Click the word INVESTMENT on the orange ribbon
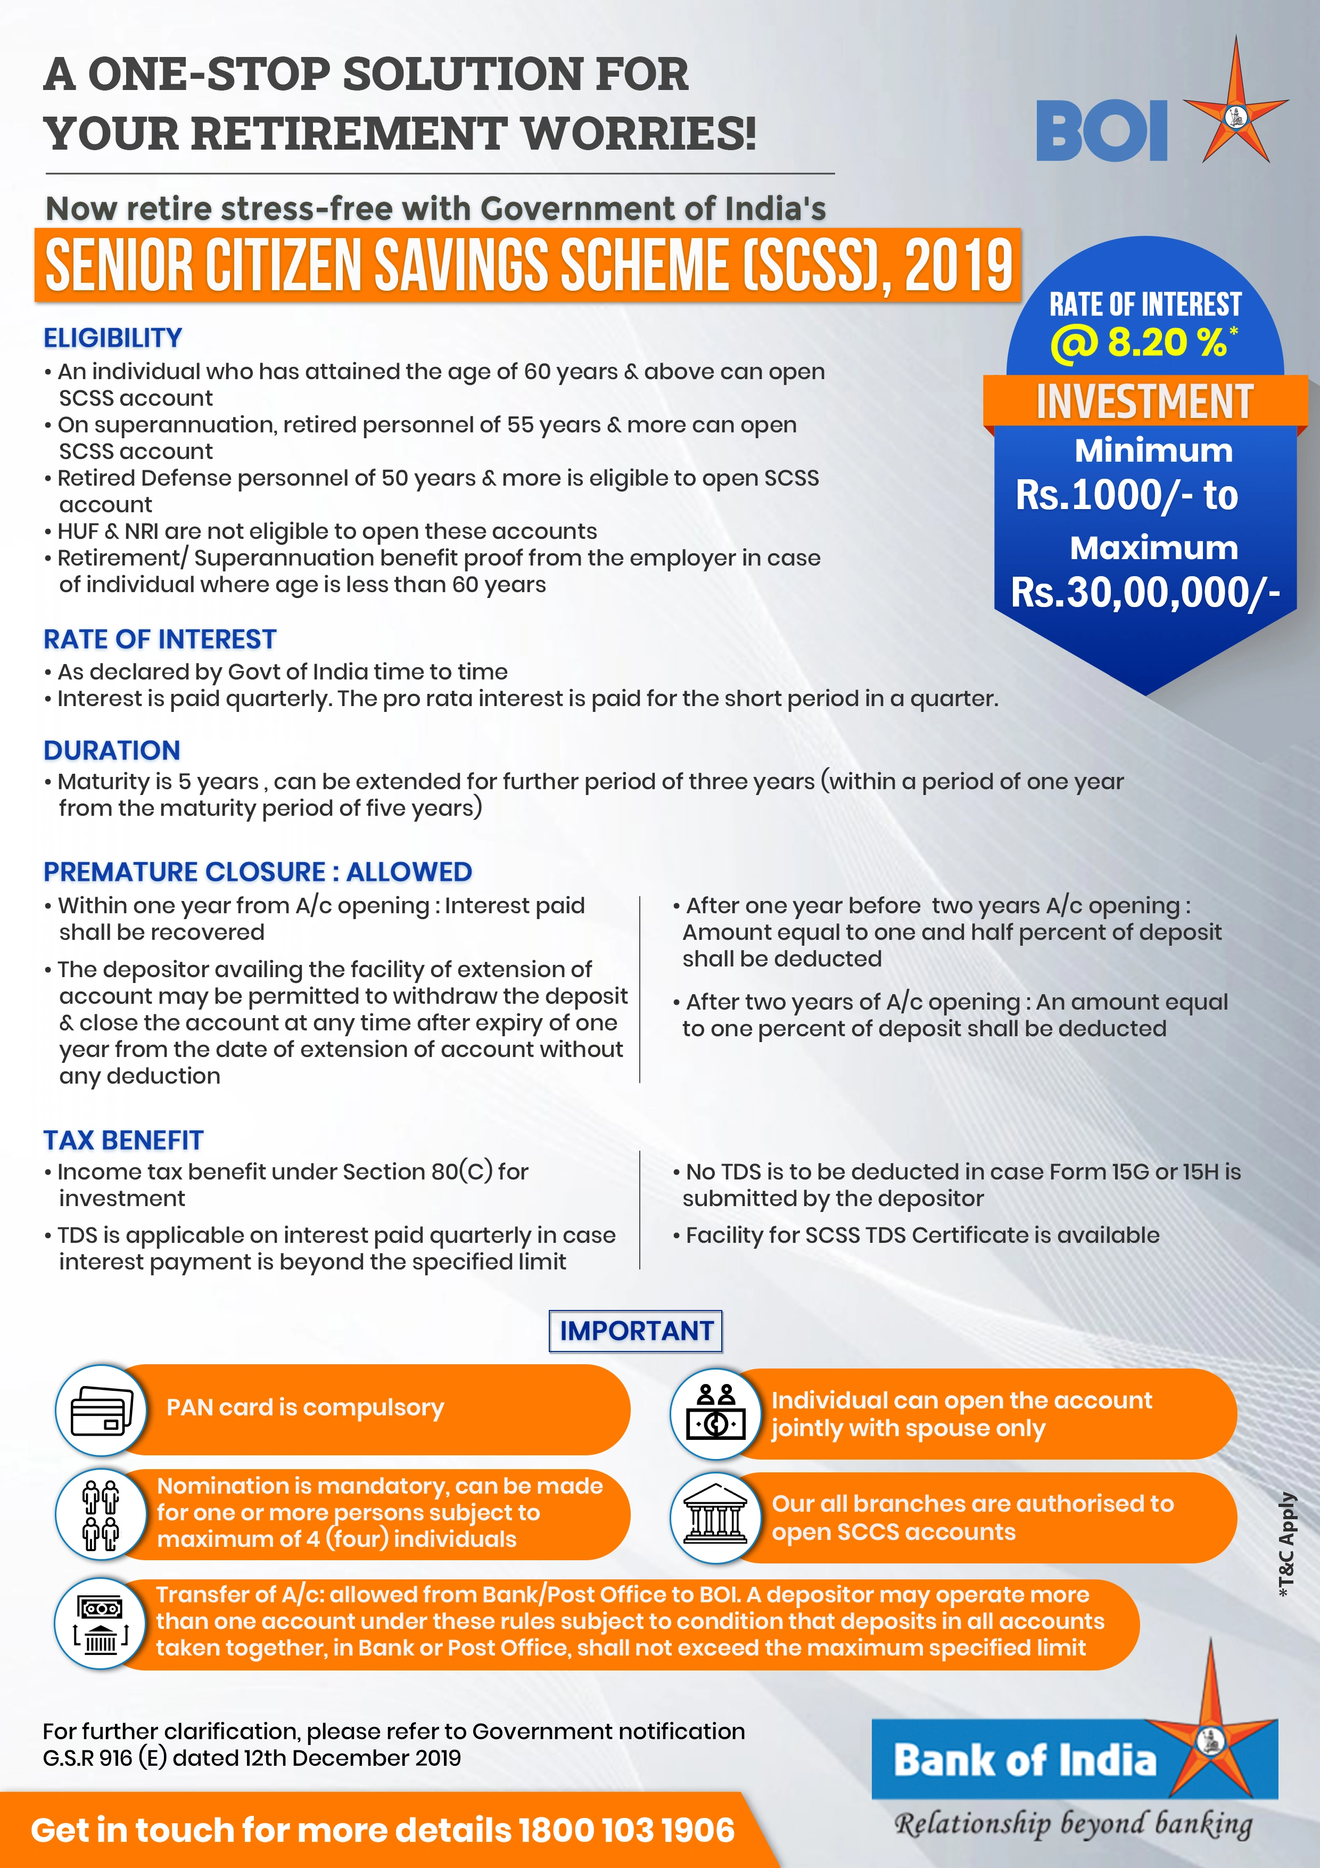pyautogui.click(x=1144, y=402)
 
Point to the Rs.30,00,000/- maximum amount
pyautogui.click(x=1144, y=592)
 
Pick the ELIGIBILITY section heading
pyautogui.click(x=112, y=338)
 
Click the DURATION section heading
pyautogui.click(x=111, y=750)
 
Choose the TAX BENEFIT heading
pyautogui.click(x=123, y=1140)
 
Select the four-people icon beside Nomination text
pyautogui.click(x=101, y=1514)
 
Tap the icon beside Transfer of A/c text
pyautogui.click(x=101, y=1623)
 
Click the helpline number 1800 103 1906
pyautogui.click(x=626, y=1830)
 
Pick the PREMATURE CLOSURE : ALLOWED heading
pyautogui.click(x=257, y=871)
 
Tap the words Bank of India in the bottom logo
pyautogui.click(x=1024, y=1760)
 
